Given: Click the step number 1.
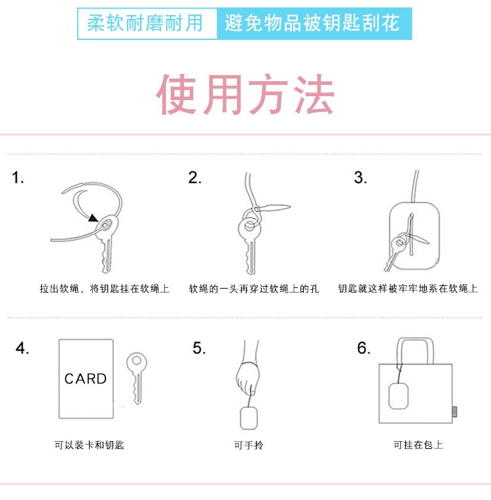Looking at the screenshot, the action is pyautogui.click(x=18, y=177).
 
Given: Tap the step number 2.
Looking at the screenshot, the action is pyautogui.click(x=194, y=177).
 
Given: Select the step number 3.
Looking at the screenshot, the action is pyautogui.click(x=361, y=177).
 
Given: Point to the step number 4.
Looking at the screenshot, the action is pyautogui.click(x=22, y=348).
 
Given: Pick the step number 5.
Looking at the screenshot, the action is pyautogui.click(x=199, y=348).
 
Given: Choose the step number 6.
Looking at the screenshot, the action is pyautogui.click(x=364, y=348).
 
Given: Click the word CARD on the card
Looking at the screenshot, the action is pyautogui.click(x=86, y=379).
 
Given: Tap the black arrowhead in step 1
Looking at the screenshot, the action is pyautogui.click(x=93, y=218).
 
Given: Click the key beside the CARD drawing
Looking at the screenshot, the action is pyautogui.click(x=137, y=378).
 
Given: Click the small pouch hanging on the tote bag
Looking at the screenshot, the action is pyautogui.click(x=399, y=396).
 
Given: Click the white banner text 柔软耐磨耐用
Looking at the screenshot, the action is pyautogui.click(x=145, y=24).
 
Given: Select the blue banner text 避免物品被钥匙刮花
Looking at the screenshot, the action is pyautogui.click(x=312, y=24).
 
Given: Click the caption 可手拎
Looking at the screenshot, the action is pyautogui.click(x=249, y=445).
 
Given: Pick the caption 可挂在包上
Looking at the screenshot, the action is pyautogui.click(x=418, y=445).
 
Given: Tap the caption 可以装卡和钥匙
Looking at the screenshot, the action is pyautogui.click(x=89, y=445).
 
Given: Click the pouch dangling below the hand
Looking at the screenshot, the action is pyautogui.click(x=249, y=418).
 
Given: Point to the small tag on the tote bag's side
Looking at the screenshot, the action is pyautogui.click(x=454, y=412).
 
